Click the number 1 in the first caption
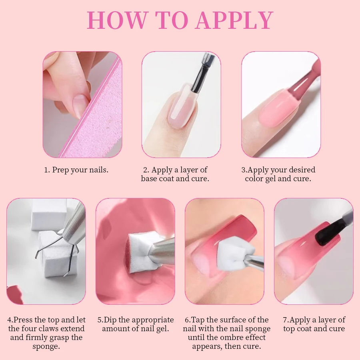(46, 170)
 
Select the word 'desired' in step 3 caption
(300, 170)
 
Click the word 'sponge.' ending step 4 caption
(46, 346)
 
